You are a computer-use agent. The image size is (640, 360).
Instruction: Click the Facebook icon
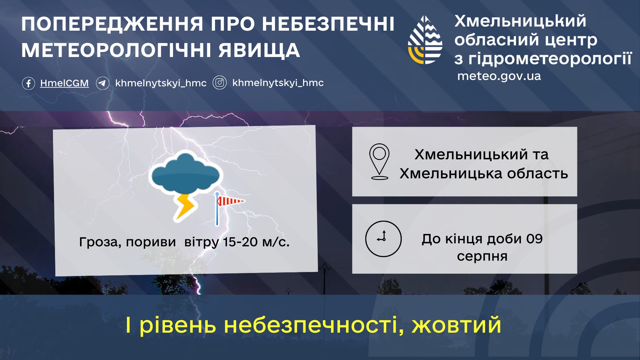click(x=28, y=83)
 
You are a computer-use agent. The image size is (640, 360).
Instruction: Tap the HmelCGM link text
click(x=64, y=83)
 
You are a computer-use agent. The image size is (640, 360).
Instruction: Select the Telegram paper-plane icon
click(x=103, y=83)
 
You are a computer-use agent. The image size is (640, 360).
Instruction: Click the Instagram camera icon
click(x=220, y=83)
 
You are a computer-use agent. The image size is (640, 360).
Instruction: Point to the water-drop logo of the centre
click(x=425, y=40)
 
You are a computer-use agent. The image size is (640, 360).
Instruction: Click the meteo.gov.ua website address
click(x=499, y=76)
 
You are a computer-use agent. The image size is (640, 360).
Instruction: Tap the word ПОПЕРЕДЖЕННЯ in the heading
click(x=112, y=24)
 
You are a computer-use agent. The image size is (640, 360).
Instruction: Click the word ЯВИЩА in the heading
click(x=259, y=51)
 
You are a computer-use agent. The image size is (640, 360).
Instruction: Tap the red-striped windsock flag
click(x=230, y=201)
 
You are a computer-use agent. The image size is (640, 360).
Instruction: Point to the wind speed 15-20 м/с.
click(x=256, y=242)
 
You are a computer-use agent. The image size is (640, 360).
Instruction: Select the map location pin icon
click(x=379, y=162)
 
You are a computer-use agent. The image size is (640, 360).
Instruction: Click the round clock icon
click(x=383, y=239)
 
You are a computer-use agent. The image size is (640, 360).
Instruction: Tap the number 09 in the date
click(x=534, y=239)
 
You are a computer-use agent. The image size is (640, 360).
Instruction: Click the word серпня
click(x=482, y=257)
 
